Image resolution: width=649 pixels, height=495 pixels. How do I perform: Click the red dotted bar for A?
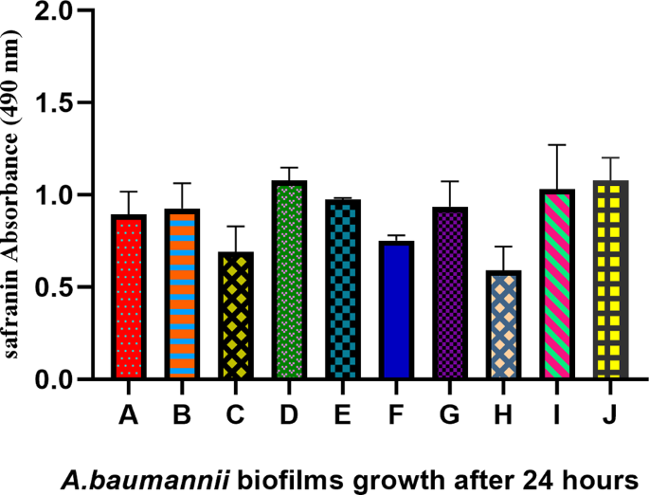pos(129,297)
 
